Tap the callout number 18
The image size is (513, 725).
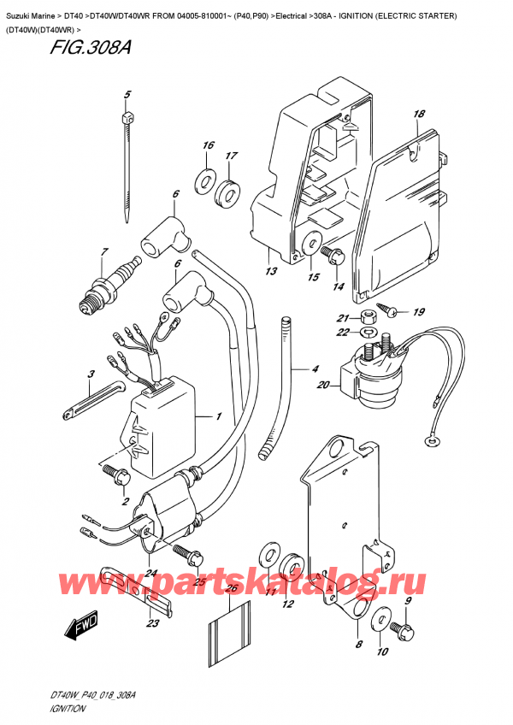[x=418, y=114]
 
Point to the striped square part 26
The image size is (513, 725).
[x=227, y=628]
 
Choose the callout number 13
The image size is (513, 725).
[x=271, y=273]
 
